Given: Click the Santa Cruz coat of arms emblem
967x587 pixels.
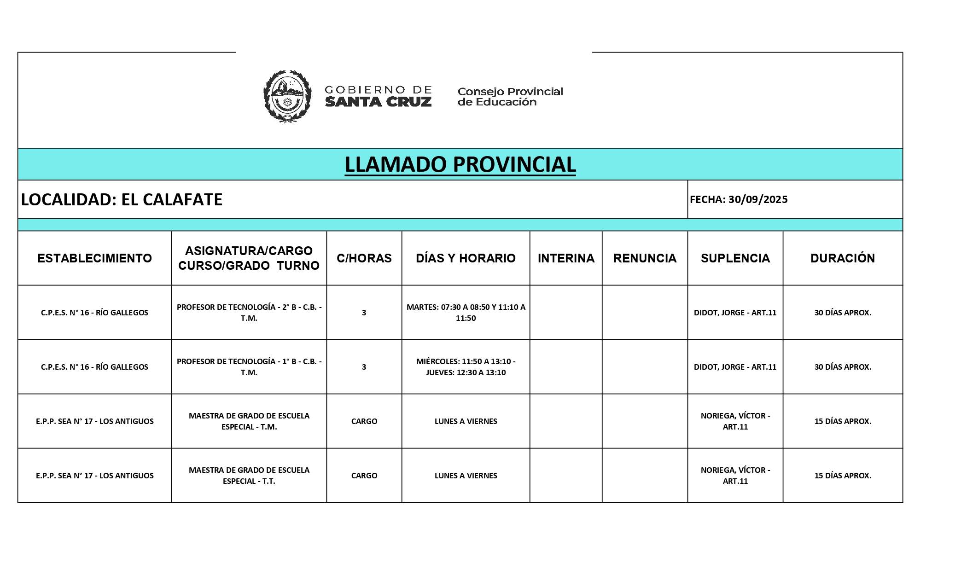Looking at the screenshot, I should (x=287, y=96).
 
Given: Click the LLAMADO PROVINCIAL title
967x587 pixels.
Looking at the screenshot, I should (x=460, y=164).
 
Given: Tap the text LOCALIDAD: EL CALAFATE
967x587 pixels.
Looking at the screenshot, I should (x=122, y=199).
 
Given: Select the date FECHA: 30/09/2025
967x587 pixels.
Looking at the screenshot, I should (x=739, y=199).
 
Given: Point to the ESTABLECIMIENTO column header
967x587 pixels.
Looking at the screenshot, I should (x=94, y=258).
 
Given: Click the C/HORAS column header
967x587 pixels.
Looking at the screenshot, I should (x=364, y=258).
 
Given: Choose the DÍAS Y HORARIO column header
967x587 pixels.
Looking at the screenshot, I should (x=466, y=258).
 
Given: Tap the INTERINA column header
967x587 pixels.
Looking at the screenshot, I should (x=566, y=258).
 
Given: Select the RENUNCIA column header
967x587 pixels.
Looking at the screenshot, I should (x=645, y=258).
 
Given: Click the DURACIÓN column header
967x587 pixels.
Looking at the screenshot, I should (x=843, y=258).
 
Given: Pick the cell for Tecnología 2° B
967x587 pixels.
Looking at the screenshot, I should (x=249, y=313).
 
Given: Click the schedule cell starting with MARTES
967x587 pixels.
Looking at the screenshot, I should (x=466, y=313).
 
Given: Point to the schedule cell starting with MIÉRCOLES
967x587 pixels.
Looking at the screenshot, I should (x=466, y=367).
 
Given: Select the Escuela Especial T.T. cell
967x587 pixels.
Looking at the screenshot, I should (x=249, y=476).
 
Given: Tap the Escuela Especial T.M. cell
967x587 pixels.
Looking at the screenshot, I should (x=249, y=421).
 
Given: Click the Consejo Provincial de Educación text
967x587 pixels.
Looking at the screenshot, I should (x=510, y=97).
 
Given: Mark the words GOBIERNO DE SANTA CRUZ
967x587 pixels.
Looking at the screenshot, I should (x=378, y=96).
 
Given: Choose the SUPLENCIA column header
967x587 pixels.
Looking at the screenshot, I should (x=735, y=258).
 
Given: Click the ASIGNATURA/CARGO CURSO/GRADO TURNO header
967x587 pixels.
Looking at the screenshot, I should (x=249, y=258).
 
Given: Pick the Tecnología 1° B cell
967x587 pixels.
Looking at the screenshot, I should (x=249, y=367).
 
